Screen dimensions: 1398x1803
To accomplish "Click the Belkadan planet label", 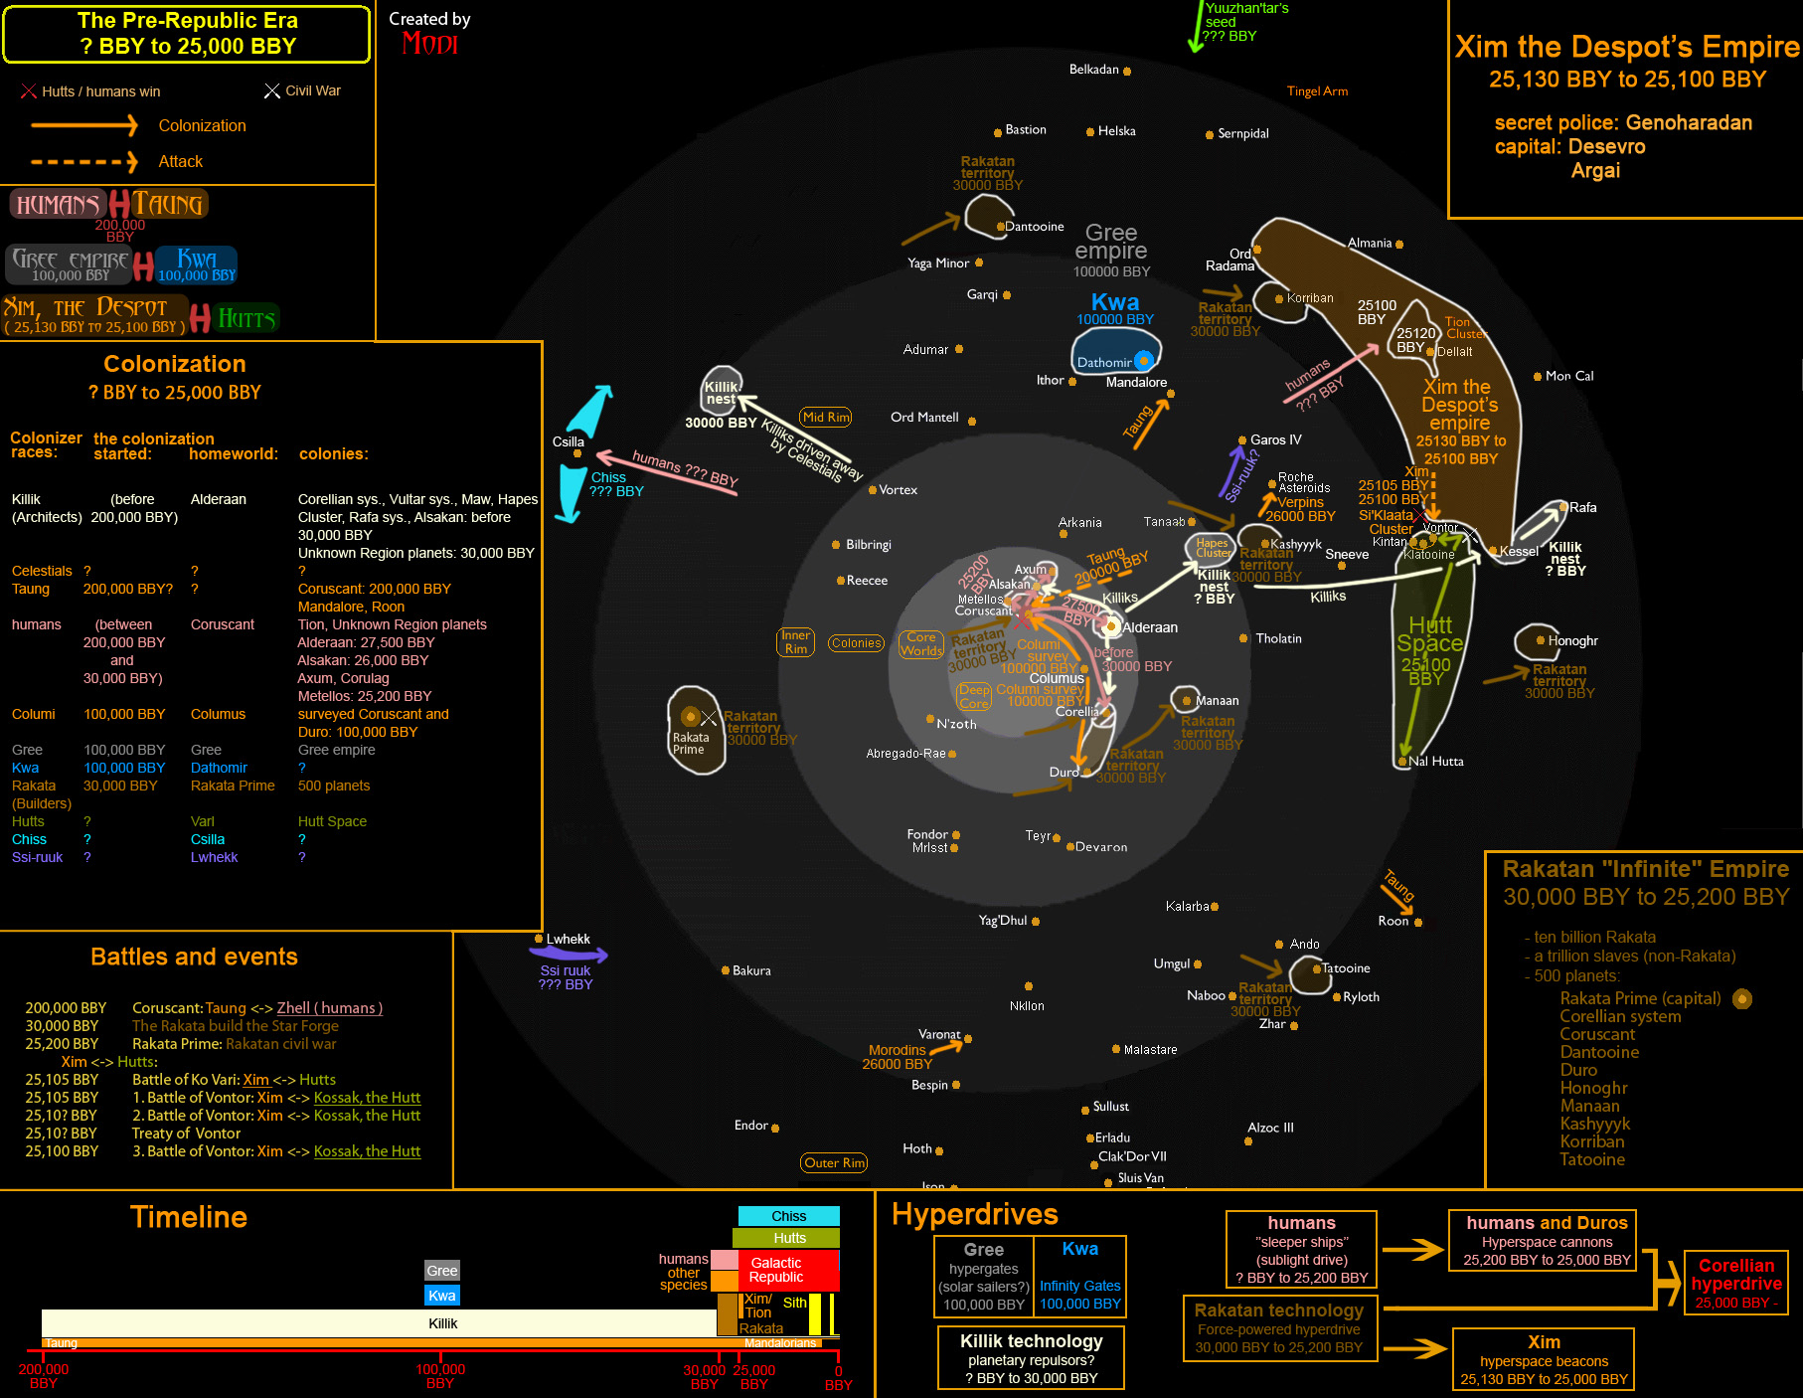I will click(x=1093, y=70).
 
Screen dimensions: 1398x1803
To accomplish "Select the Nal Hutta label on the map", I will click(x=1435, y=762).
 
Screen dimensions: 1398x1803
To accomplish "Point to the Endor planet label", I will click(x=751, y=1126).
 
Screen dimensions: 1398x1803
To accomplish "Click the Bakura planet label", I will click(x=751, y=970).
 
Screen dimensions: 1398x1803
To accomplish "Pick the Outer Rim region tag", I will click(x=835, y=1162).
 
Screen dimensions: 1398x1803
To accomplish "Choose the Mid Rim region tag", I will click(x=826, y=417).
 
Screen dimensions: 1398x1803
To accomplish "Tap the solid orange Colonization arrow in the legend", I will click(x=84, y=125).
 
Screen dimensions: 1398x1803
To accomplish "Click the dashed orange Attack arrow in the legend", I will click(x=84, y=161).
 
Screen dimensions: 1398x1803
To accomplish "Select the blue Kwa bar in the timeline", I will click(x=442, y=1296).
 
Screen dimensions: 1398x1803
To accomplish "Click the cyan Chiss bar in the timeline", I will click(x=788, y=1216).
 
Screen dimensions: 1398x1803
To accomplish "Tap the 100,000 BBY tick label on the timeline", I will click(x=439, y=1376).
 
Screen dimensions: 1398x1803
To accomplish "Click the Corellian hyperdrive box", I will click(x=1735, y=1283).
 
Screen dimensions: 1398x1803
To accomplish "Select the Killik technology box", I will click(x=1031, y=1358).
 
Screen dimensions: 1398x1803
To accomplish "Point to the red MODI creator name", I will click(x=429, y=44).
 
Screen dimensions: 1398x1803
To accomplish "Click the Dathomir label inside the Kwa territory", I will click(x=1104, y=363).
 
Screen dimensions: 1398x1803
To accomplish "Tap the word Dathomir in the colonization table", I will click(x=219, y=768).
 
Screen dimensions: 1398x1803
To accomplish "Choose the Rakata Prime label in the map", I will click(x=690, y=743).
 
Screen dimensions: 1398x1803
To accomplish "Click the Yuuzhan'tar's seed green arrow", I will click(x=1196, y=30).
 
